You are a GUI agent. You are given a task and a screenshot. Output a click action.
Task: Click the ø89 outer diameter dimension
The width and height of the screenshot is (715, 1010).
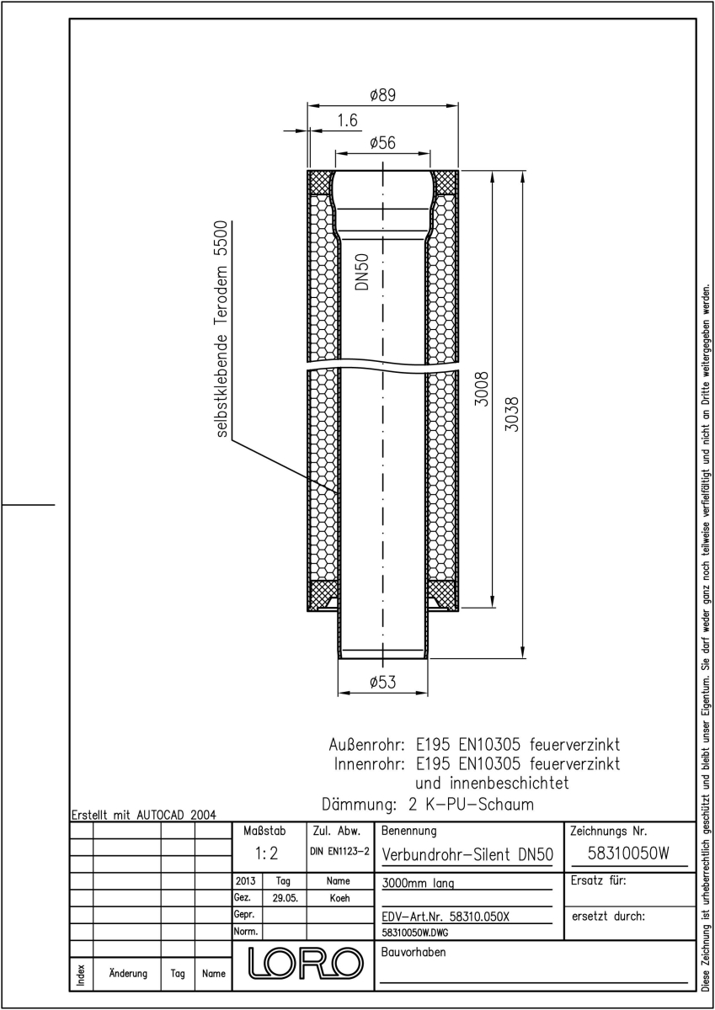382,96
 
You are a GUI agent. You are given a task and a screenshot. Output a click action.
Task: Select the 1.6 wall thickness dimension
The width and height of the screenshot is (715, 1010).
347,120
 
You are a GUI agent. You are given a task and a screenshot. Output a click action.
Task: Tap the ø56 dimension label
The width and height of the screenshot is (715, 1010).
382,143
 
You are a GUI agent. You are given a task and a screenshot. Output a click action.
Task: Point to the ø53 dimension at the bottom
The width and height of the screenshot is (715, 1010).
382,683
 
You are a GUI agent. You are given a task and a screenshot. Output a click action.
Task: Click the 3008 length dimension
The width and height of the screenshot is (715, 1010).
483,389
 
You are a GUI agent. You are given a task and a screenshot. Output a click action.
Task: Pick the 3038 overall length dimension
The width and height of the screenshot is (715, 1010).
511,414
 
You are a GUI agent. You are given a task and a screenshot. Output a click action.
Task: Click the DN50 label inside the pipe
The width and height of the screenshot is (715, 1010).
362,271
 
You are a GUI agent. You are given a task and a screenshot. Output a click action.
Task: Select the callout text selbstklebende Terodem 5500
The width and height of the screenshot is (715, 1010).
223,329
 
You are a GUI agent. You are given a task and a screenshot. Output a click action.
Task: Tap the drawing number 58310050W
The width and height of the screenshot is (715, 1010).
628,853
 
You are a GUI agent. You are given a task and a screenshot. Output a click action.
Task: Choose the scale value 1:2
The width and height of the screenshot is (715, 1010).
267,853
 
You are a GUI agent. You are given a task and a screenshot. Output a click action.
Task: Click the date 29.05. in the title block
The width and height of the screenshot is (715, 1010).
285,898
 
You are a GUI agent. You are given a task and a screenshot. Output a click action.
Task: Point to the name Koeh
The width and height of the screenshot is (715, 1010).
339,898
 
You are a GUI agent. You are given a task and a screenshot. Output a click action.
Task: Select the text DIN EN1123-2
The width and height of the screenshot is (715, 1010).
339,851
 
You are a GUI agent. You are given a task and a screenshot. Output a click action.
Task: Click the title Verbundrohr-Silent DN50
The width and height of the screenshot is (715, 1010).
467,854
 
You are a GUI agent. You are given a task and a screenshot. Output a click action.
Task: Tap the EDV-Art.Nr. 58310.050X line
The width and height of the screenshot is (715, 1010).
446,917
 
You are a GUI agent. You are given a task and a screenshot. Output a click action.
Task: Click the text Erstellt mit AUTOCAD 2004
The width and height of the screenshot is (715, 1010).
144,815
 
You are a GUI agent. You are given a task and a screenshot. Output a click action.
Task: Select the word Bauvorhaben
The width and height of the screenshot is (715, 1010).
414,952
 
